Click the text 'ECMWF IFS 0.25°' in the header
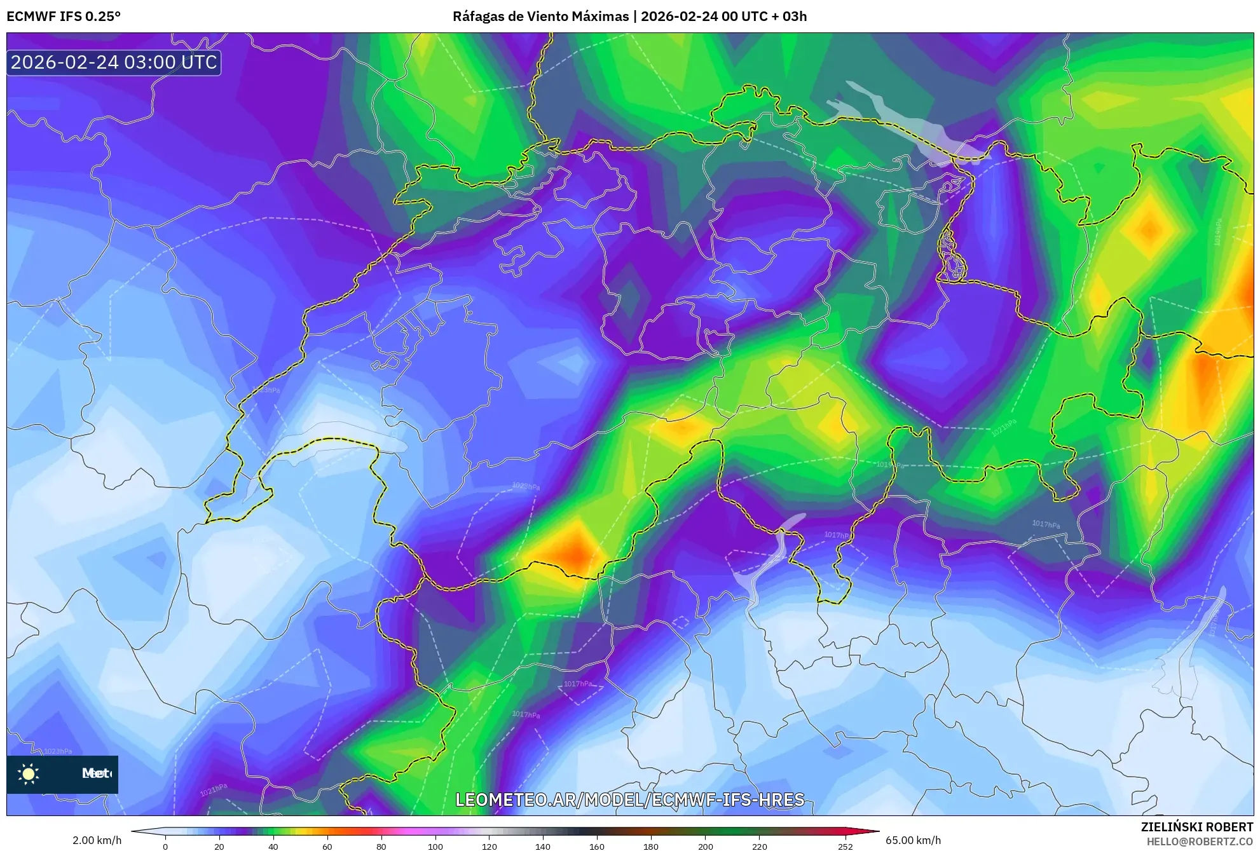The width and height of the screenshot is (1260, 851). click(64, 17)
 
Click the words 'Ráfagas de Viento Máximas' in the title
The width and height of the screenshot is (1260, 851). click(540, 17)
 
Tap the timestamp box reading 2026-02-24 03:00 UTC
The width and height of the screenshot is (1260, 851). click(114, 62)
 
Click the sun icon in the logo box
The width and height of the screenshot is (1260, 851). click(29, 773)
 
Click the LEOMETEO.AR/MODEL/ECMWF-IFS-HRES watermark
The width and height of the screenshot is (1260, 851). click(629, 800)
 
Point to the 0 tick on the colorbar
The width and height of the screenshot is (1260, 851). click(165, 846)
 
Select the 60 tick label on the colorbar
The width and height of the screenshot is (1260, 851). click(327, 846)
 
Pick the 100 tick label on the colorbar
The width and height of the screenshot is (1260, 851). click(435, 846)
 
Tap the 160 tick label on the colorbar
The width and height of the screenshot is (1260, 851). click(596, 846)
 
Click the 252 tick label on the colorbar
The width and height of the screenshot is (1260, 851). click(845, 846)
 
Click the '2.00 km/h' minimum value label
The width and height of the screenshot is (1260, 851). click(97, 840)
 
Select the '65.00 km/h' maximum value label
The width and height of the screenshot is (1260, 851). click(913, 840)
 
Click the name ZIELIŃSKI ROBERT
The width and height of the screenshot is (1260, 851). click(1196, 827)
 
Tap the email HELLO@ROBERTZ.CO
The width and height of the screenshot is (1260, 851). click(1200, 841)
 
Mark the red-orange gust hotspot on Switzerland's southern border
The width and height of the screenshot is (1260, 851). click(575, 552)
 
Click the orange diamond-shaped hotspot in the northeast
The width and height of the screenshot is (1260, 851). click(1149, 229)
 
